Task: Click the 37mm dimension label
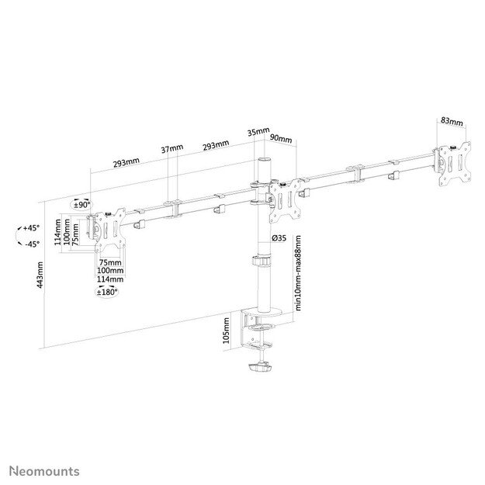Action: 172,148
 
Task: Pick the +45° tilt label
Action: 31,228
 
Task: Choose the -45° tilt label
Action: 31,244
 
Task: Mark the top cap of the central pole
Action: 264,161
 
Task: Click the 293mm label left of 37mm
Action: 126,162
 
